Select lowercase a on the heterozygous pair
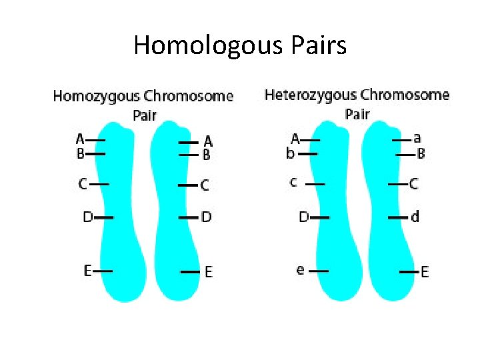(x=417, y=139)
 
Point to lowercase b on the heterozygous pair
(x=291, y=154)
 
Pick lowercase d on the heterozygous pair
(x=415, y=217)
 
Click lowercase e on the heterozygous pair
(x=301, y=270)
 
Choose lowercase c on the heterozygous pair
(x=293, y=181)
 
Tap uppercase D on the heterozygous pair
(x=303, y=217)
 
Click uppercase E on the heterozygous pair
(x=425, y=272)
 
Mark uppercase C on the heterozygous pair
(x=414, y=183)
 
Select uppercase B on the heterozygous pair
(x=421, y=154)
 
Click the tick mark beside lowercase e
(x=319, y=271)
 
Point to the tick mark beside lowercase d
(x=399, y=217)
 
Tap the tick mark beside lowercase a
(x=401, y=140)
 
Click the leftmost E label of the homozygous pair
(x=87, y=270)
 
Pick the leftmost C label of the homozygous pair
(x=83, y=183)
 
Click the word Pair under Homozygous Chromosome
(x=145, y=115)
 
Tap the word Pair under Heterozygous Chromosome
(x=357, y=114)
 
